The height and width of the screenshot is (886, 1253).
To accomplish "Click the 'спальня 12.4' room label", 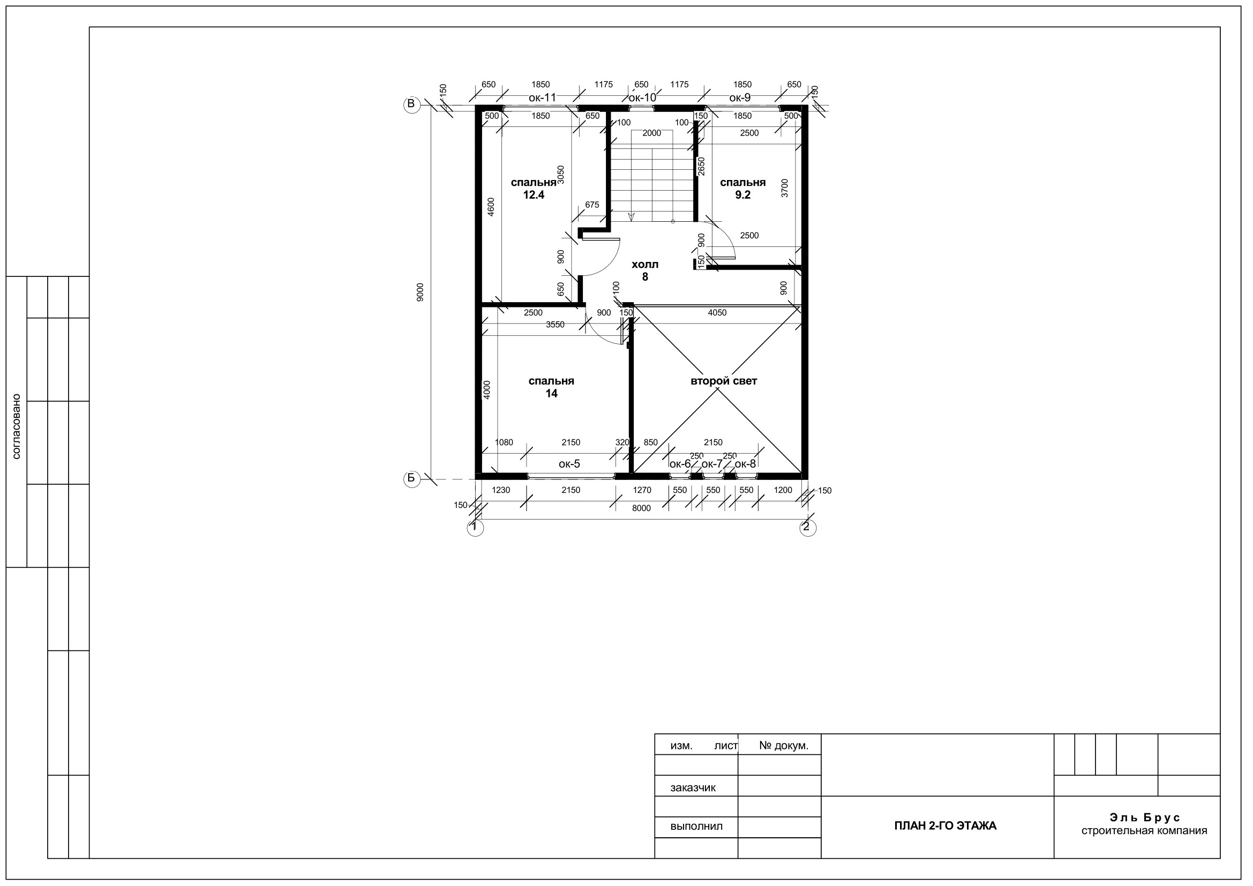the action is (x=533, y=189).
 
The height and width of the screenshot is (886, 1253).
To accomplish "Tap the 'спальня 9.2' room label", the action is (x=742, y=189).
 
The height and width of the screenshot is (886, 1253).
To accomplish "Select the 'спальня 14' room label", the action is (x=551, y=387).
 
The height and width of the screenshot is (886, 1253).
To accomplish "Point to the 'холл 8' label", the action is (x=645, y=271).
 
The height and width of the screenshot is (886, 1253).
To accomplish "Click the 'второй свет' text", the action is (x=724, y=381).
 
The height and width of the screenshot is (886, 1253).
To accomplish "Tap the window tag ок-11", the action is (x=542, y=97).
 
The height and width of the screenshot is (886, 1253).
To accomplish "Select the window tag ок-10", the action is (x=642, y=97).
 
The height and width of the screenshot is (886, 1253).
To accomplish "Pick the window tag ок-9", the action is (x=740, y=97).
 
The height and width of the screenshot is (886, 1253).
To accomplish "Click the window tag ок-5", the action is (x=569, y=464).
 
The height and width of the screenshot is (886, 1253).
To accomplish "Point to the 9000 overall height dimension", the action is (x=419, y=292).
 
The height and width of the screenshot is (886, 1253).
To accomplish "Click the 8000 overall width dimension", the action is (x=641, y=508).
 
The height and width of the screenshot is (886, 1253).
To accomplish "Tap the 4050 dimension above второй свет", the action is (x=717, y=313).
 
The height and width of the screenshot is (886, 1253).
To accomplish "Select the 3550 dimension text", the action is (x=555, y=325).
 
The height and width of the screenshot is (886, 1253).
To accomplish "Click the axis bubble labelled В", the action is (x=411, y=104).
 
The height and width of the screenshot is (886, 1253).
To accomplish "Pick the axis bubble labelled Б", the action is (x=411, y=479).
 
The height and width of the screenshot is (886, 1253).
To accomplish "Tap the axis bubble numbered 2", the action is (x=808, y=528).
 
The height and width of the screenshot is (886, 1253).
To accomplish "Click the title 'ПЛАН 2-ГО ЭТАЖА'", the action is (x=945, y=826).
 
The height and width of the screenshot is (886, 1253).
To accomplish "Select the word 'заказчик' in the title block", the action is (x=693, y=788).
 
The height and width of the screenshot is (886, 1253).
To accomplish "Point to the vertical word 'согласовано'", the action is (x=16, y=426).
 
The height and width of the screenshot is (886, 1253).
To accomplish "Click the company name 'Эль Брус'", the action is (x=1144, y=818).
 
